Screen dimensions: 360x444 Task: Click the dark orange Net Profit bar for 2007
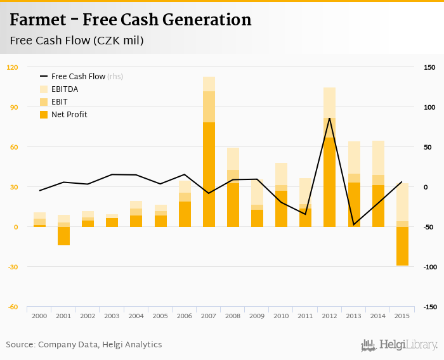coord(209,174)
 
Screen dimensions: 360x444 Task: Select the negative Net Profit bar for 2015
coord(402,246)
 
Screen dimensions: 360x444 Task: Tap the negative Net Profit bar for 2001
coord(63,236)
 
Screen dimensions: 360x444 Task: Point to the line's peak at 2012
coord(329,119)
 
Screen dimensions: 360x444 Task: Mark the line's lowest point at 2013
coord(353,224)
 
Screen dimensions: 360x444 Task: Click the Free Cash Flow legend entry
coord(78,77)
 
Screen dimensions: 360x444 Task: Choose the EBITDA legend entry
coord(65,89)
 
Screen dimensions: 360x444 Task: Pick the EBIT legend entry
coord(59,102)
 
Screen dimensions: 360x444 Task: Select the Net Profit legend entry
coord(69,115)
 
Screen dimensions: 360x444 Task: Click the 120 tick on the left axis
coord(12,67)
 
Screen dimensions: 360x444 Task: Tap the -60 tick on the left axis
coord(12,307)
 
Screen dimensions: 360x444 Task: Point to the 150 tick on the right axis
coord(429,67)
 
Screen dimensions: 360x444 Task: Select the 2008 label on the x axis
coord(233,316)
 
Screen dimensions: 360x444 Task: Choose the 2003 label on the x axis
coord(112,316)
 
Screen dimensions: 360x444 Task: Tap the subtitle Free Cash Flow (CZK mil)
coord(76,41)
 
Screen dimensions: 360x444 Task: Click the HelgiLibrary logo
coord(400,345)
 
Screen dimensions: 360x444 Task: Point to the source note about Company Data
coord(84,345)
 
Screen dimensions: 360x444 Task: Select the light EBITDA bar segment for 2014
coord(378,158)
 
